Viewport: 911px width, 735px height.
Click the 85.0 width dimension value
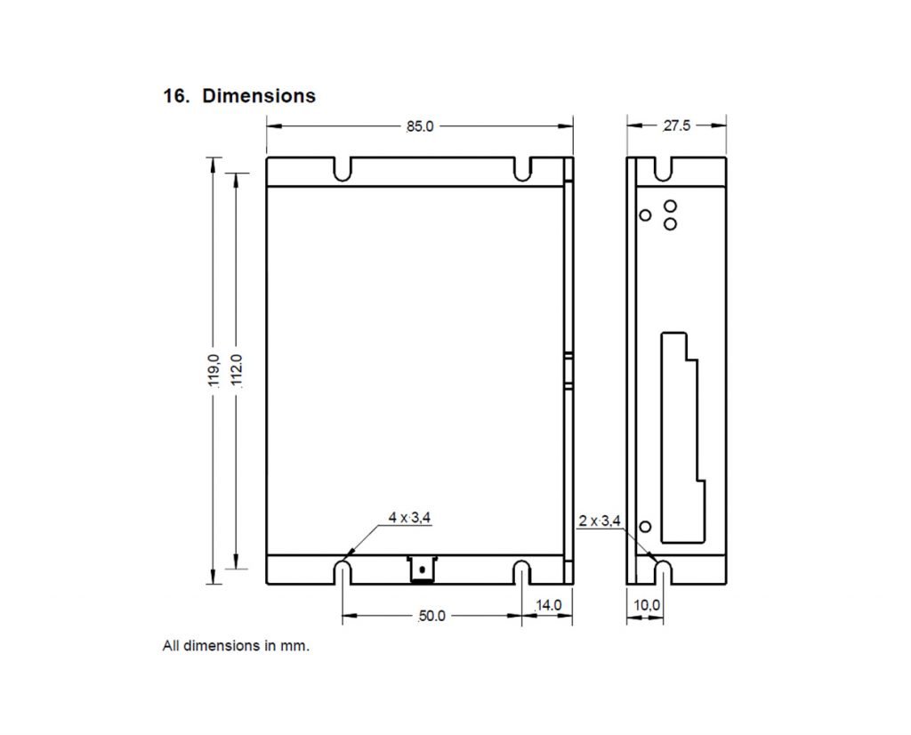coord(419,126)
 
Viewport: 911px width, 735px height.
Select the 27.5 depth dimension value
coord(676,126)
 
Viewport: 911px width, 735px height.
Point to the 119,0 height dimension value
coord(214,369)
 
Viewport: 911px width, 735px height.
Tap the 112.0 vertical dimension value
coord(237,369)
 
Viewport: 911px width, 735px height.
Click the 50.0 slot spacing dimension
coord(431,616)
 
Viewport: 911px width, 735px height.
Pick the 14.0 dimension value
coord(548,605)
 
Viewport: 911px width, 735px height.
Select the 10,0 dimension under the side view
coord(647,605)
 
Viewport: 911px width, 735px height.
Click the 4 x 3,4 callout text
coord(410,516)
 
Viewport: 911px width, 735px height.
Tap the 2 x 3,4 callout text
coord(599,521)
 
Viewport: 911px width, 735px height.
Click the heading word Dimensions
coord(259,95)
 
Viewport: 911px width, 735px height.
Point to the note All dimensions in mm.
coord(236,646)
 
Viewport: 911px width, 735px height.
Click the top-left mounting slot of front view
coord(343,169)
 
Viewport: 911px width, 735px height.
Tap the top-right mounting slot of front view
coord(522,169)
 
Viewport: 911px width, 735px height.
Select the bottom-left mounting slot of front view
coord(343,573)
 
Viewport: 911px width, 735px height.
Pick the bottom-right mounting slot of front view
coord(522,573)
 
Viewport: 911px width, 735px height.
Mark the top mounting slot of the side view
coord(663,168)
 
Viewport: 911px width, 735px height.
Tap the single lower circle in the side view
coord(646,527)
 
